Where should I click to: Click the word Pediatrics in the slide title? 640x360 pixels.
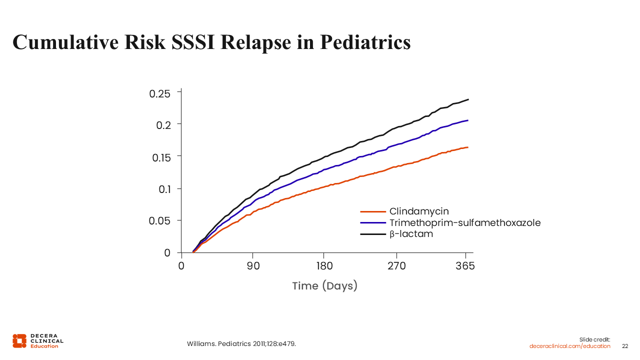[365, 42]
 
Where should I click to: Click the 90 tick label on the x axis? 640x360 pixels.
[252, 266]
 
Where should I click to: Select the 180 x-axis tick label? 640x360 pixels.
[324, 266]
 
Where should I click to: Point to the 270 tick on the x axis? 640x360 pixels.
[397, 266]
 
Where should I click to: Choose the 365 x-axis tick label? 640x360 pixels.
[465, 266]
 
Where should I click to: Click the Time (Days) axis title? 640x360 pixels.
[325, 286]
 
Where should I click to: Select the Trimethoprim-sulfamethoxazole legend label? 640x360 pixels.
[465, 223]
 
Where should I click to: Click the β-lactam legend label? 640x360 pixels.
[411, 234]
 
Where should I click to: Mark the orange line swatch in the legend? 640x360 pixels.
[373, 211]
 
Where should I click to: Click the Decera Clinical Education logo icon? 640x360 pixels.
[19, 340]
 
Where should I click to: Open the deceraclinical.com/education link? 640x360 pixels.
[569, 346]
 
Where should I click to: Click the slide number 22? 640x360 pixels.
[625, 346]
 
